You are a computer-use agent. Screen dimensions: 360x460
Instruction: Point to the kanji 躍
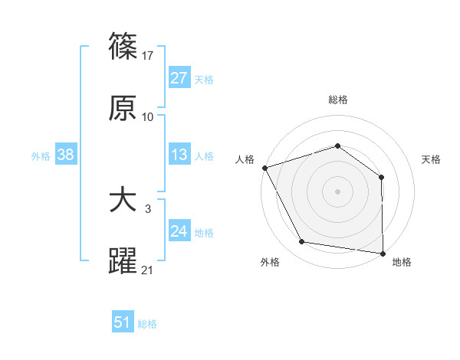click(123, 260)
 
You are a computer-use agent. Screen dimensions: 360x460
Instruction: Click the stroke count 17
click(149, 56)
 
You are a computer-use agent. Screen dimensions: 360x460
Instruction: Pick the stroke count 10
click(148, 117)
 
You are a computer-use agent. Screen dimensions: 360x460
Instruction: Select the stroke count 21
click(148, 270)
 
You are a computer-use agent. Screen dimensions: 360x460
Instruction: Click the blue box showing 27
click(179, 78)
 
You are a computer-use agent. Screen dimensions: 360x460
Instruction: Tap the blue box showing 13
click(179, 155)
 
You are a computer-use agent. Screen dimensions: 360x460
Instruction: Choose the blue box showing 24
click(179, 231)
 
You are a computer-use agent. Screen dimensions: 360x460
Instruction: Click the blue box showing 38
click(65, 155)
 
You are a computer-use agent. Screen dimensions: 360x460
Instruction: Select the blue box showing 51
click(122, 322)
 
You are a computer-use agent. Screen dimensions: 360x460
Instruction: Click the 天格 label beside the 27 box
click(204, 79)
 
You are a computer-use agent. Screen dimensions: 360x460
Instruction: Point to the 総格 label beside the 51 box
click(147, 323)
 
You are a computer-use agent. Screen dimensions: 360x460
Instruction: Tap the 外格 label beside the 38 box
click(41, 155)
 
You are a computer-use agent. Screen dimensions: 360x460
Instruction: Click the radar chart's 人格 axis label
click(245, 159)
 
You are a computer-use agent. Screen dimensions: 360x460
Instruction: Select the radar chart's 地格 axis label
click(402, 262)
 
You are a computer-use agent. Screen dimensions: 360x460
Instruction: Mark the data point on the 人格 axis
click(264, 168)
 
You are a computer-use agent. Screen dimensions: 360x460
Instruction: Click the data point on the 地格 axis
click(383, 253)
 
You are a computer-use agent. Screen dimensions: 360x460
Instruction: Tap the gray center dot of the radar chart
click(337, 191)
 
